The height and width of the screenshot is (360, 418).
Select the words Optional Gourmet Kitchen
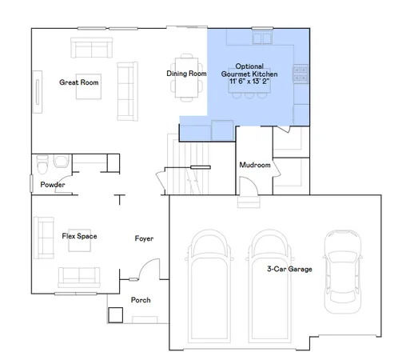252,70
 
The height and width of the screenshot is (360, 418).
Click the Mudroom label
255,166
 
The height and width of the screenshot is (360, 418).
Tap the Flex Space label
79,236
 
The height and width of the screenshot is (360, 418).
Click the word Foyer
144,238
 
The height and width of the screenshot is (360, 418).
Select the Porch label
141,300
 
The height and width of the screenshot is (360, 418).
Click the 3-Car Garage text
289,269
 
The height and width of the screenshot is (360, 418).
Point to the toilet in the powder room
45,166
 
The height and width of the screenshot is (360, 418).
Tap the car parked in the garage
341,272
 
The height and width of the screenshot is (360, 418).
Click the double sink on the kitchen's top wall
262,38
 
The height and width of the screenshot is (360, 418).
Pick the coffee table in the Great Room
88,87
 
